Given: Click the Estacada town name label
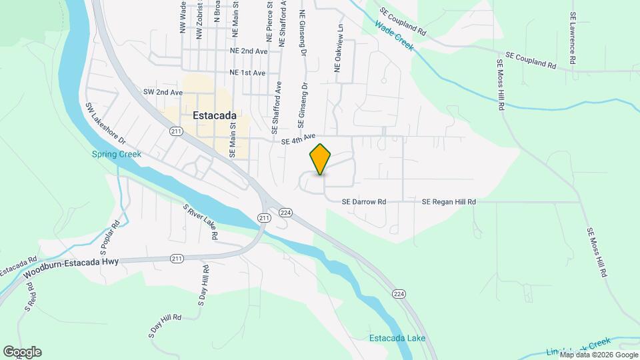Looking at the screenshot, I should coord(217,115).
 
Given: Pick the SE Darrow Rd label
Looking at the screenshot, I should coord(363,201).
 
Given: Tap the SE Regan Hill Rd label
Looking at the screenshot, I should coord(449,201).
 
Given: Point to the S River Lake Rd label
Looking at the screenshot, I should coord(201,222).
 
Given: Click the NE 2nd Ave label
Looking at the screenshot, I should coord(248,51).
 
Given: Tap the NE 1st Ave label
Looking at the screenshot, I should coord(247,72).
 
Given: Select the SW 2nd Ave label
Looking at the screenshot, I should coord(163,92).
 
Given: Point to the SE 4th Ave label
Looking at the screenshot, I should coord(298,139).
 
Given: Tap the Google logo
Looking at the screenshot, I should coord(22,352).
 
